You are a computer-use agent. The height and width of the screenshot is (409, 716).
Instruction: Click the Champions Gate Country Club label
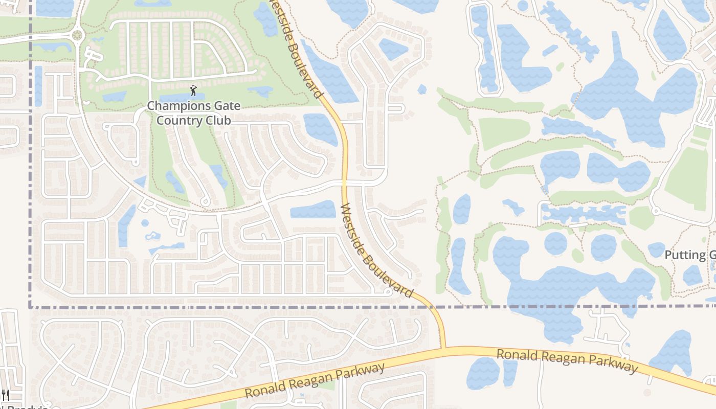tap(193, 113)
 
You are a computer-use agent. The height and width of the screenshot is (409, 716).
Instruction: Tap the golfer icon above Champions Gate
tap(193, 91)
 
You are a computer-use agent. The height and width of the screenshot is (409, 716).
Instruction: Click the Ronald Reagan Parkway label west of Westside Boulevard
tap(315, 381)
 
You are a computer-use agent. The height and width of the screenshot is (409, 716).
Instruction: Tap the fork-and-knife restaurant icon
tap(6, 394)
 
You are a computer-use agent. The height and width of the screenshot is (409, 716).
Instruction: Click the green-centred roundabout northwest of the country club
tap(77, 35)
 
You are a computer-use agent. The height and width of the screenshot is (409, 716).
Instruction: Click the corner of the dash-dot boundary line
tap(31, 307)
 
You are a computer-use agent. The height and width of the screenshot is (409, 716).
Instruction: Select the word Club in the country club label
tap(218, 120)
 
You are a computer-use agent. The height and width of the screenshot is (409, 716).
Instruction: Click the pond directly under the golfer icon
tap(182, 98)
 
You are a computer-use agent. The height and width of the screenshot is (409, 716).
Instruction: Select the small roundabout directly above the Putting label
tap(655, 211)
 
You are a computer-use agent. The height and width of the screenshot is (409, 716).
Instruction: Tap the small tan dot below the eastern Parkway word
tap(647, 393)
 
